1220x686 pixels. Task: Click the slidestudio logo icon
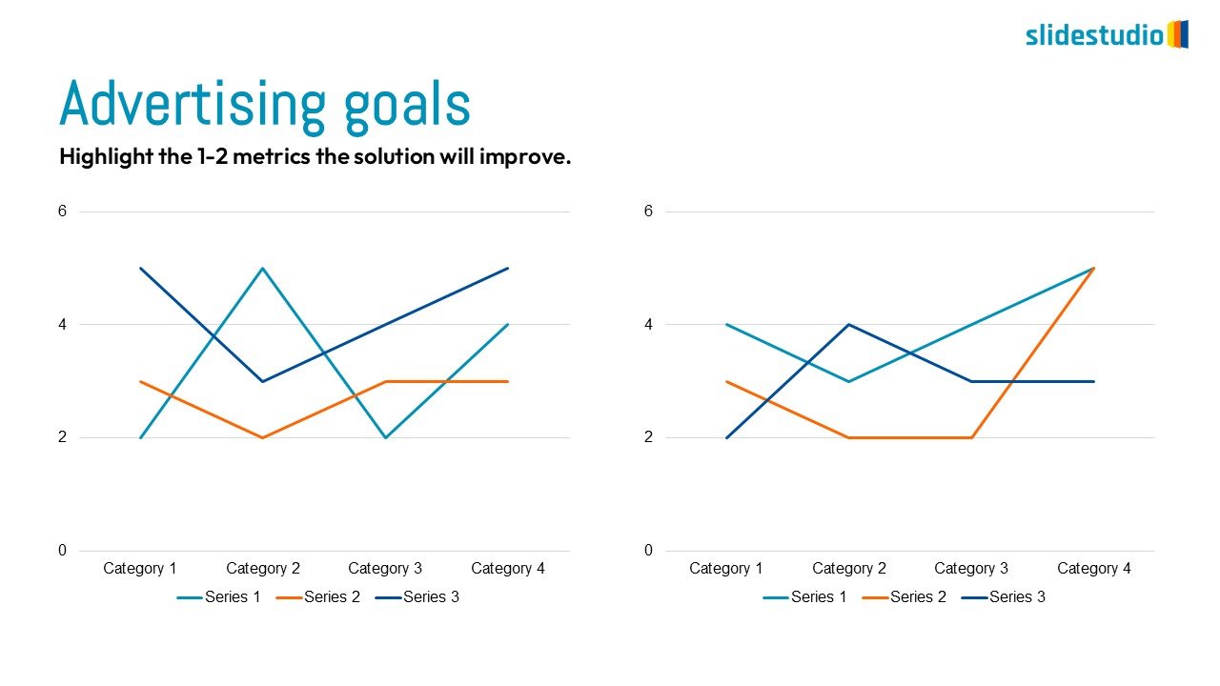point(1178,34)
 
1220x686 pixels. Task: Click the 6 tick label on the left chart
point(62,212)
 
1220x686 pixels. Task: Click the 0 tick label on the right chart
point(648,551)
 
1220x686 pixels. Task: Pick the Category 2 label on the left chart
point(263,569)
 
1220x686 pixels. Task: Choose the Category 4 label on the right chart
point(1094,569)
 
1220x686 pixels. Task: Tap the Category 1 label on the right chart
point(726,569)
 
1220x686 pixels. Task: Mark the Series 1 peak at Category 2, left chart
point(263,269)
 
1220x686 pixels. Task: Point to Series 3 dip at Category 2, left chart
point(263,381)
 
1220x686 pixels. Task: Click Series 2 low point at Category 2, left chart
point(263,437)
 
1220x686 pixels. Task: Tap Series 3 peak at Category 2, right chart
point(849,325)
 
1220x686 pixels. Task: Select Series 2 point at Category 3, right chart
point(971,437)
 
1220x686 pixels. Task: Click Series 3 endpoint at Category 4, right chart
point(1094,381)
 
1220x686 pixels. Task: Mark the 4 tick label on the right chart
point(648,325)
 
